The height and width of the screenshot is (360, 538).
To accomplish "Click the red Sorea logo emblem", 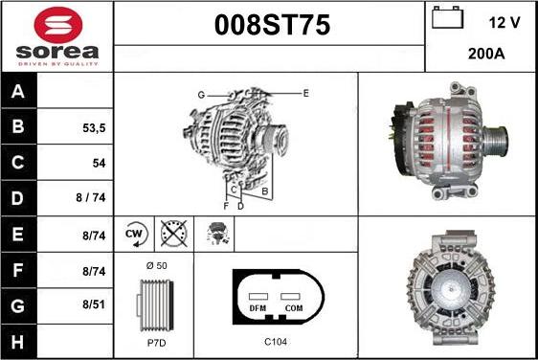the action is click(58, 25).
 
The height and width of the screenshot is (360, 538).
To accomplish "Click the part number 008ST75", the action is click(272, 25).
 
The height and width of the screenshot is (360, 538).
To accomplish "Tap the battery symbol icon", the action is click(447, 17).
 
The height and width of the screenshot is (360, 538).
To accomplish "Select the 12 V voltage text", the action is click(504, 23).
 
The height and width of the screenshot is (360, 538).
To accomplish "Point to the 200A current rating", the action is click(486, 54).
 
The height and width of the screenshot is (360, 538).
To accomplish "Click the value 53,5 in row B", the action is click(94, 128).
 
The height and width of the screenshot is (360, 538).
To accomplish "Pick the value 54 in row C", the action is click(99, 163).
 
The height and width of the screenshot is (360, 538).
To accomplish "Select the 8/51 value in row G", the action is click(94, 304).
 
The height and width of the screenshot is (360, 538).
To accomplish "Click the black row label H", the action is click(18, 342).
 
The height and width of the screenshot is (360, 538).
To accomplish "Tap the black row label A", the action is click(18, 91).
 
